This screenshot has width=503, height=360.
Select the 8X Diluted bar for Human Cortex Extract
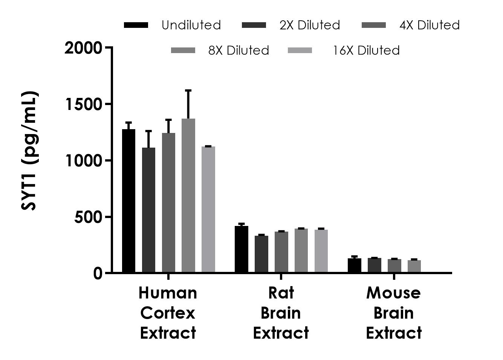[x=188, y=195]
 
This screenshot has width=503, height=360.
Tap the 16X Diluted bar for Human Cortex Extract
[x=208, y=209]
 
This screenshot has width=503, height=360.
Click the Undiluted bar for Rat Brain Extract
[x=242, y=249]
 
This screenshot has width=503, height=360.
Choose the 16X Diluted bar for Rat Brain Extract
[x=321, y=251]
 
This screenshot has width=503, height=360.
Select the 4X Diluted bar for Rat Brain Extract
[x=281, y=252]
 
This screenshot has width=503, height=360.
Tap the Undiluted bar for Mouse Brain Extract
[x=355, y=265]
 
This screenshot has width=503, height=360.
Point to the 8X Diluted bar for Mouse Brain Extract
[x=414, y=266]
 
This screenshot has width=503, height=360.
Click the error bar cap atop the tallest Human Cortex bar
[x=188, y=90]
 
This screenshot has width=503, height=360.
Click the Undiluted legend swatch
[x=136, y=25]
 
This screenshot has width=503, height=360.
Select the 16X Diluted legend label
[x=366, y=50]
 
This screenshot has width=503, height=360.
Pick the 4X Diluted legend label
[x=430, y=25]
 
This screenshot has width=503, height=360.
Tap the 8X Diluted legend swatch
[x=183, y=50]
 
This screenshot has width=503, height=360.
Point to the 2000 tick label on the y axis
[x=83, y=48]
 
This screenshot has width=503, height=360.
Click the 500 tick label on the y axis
[x=88, y=217]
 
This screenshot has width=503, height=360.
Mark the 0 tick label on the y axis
[x=98, y=273]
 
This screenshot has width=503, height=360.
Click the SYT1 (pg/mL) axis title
[x=30, y=151]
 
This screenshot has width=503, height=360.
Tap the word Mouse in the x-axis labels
[x=393, y=293]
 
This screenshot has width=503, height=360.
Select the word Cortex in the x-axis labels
[x=168, y=313]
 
